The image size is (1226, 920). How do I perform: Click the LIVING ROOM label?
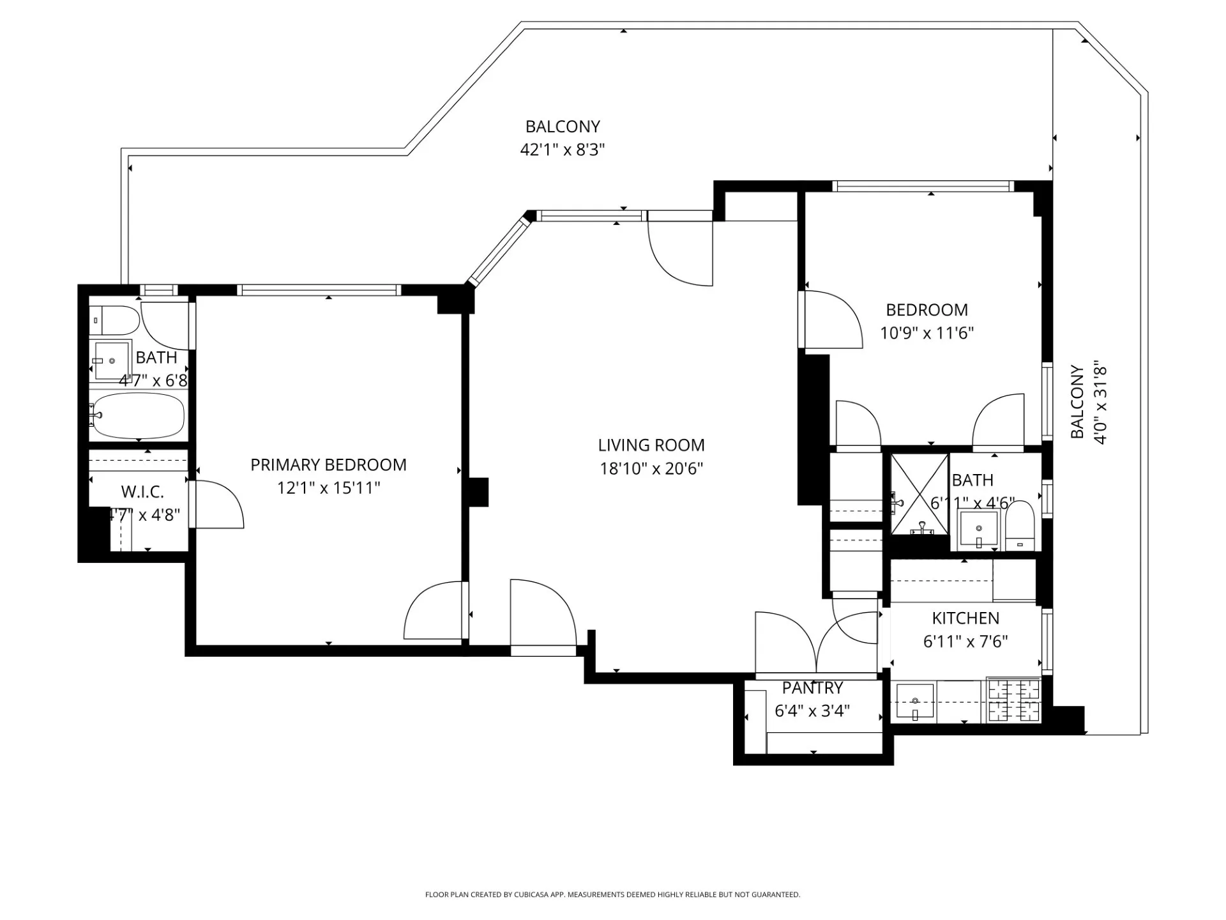[x=651, y=445]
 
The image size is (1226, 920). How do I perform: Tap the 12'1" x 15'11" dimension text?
[x=328, y=489]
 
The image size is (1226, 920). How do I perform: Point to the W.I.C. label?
[x=142, y=492]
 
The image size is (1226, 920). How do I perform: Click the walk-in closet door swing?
[x=217, y=505]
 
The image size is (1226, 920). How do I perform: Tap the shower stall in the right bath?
[x=919, y=493]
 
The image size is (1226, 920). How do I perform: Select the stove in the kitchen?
[x=1013, y=700]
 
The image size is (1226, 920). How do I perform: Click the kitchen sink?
[x=915, y=701]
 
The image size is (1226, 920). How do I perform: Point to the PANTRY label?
[x=812, y=688]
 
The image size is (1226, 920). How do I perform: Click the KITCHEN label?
[x=965, y=618]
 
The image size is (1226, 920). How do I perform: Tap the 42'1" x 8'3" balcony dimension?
[x=562, y=150]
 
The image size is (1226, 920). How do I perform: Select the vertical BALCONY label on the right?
[x=1077, y=402]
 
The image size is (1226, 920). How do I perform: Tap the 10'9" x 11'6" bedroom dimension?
[x=927, y=333]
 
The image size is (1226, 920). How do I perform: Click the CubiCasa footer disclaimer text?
[x=612, y=894]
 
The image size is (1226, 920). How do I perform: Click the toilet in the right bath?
[x=1019, y=525]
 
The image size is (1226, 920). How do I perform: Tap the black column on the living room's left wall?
[x=478, y=492]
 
